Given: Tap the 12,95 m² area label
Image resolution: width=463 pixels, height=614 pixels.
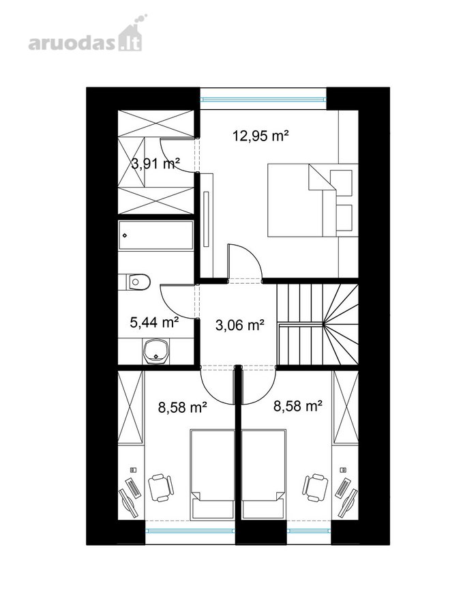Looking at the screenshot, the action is [x=260, y=136].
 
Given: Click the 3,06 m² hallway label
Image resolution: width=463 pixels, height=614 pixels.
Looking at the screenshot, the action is [x=240, y=324].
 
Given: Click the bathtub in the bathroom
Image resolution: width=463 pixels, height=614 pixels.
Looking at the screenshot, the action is [x=155, y=236].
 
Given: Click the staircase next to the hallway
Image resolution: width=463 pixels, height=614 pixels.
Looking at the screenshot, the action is [x=317, y=325].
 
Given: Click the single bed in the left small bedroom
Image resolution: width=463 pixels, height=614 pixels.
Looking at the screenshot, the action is [x=213, y=475].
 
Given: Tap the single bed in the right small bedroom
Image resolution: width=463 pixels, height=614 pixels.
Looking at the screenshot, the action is [x=264, y=475].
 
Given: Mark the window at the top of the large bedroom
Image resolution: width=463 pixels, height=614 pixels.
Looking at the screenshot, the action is [x=263, y=99].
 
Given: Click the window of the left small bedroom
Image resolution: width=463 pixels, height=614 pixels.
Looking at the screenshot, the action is [x=190, y=531].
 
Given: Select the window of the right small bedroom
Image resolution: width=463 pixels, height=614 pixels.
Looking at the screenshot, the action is [x=309, y=531].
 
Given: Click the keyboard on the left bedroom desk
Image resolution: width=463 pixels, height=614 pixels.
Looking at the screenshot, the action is [x=132, y=488].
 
